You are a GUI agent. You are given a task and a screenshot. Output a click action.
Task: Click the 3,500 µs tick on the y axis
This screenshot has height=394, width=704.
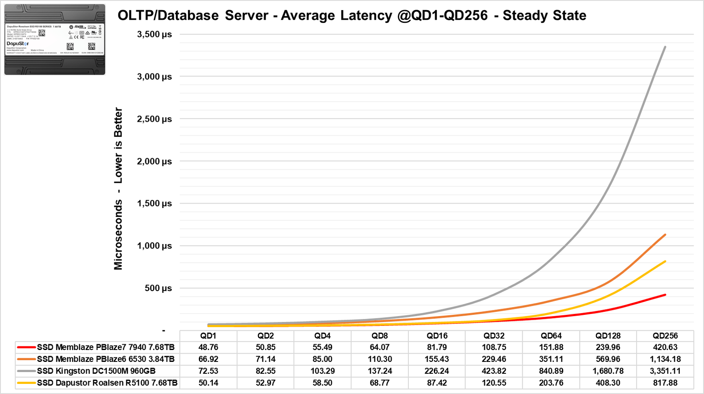pyautogui.click(x=154, y=34)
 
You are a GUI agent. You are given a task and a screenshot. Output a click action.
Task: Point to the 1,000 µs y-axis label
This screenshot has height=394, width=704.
pyautogui.click(x=154, y=246)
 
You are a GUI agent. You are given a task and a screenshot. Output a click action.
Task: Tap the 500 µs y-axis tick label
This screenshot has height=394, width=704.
pyautogui.click(x=158, y=288)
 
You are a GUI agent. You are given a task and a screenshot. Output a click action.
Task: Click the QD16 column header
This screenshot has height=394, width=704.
pyautogui.click(x=437, y=336)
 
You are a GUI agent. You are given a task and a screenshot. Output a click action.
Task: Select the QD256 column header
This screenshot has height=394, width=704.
pyautogui.click(x=665, y=336)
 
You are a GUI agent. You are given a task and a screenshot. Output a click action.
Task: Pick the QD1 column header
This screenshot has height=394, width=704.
pyautogui.click(x=208, y=336)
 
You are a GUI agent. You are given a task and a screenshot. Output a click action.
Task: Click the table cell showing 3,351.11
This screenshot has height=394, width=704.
pyautogui.click(x=665, y=371)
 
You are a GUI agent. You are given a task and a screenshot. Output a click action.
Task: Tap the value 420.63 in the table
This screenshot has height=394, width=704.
pyautogui.click(x=665, y=347)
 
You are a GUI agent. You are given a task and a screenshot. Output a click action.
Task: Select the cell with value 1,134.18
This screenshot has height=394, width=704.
pyautogui.click(x=665, y=359)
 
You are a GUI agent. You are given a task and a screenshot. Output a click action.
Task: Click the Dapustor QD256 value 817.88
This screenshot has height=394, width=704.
pyautogui.click(x=665, y=383)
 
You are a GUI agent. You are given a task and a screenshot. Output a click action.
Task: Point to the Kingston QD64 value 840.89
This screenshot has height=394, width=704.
pyautogui.click(x=551, y=371)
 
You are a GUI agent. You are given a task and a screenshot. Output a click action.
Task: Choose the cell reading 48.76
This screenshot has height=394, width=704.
pyautogui.click(x=208, y=347)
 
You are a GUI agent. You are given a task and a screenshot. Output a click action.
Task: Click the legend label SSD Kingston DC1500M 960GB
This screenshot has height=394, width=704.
pyautogui.click(x=96, y=371)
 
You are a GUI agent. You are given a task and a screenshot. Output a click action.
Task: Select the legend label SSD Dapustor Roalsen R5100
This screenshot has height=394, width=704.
pyautogui.click(x=107, y=383)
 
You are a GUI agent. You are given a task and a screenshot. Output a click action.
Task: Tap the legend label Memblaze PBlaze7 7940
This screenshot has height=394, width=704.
pyautogui.click(x=106, y=347)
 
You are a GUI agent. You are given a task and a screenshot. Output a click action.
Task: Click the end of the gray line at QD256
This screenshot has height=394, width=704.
pyautogui.click(x=665, y=47)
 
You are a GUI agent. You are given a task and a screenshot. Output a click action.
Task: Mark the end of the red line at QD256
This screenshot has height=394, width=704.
pyautogui.click(x=665, y=295)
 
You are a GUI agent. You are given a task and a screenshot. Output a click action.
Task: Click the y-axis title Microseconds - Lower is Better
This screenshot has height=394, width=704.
pyautogui.click(x=118, y=189)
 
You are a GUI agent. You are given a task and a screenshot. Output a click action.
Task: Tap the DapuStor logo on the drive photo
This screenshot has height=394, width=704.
pyautogui.click(x=18, y=44)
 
